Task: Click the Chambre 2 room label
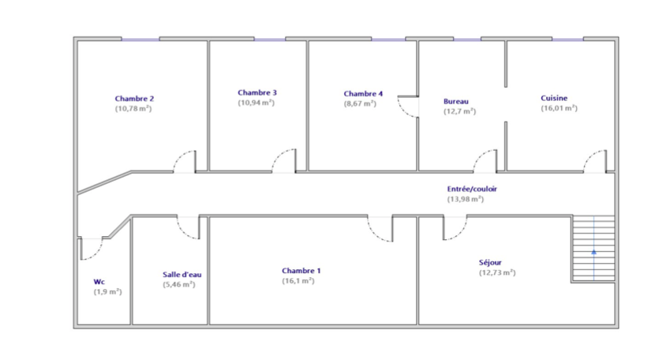pyautogui.click(x=134, y=99)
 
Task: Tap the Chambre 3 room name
pyautogui.click(x=257, y=92)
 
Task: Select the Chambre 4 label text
pyautogui.click(x=363, y=94)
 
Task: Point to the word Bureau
pyautogui.click(x=456, y=101)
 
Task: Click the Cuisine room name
pyautogui.click(x=554, y=98)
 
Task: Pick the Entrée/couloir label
pyautogui.click(x=472, y=189)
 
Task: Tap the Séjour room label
pyautogui.click(x=490, y=263)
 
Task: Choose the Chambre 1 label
pyautogui.click(x=301, y=271)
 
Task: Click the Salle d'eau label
pyautogui.click(x=182, y=275)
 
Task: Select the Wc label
pyautogui.click(x=99, y=282)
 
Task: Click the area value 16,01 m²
pyautogui.click(x=560, y=108)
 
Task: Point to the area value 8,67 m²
pyautogui.click(x=360, y=103)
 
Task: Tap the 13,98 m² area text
pyautogui.click(x=466, y=199)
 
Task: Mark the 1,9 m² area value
pyautogui.click(x=107, y=291)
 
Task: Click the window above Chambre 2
pyautogui.click(x=140, y=39)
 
